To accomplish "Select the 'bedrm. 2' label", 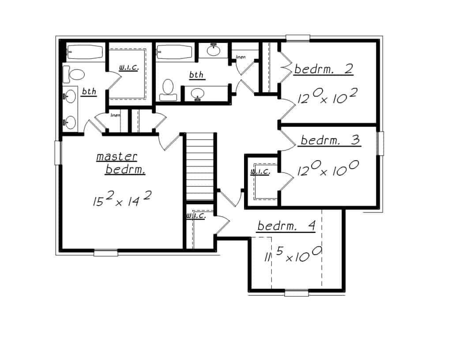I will click(x=324, y=69).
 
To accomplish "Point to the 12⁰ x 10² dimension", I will click(x=327, y=96).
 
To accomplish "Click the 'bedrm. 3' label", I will click(x=330, y=141).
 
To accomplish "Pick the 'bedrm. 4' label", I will click(x=286, y=226).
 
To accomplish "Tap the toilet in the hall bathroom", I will click(x=168, y=87).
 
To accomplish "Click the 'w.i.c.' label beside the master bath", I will click(x=128, y=68).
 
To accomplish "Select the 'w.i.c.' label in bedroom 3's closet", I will click(x=260, y=171).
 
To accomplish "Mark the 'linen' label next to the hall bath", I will click(x=241, y=57).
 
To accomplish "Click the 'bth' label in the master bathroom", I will click(x=89, y=91).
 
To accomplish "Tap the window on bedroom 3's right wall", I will click(x=380, y=143).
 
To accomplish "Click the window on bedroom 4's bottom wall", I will click(x=296, y=292).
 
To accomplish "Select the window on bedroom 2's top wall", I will click(x=298, y=38).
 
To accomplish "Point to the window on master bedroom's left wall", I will click(x=57, y=153).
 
